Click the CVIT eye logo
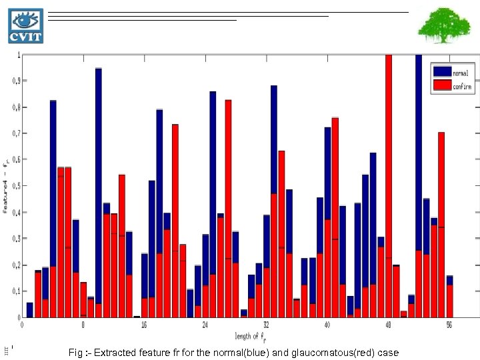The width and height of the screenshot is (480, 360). pos(25,26)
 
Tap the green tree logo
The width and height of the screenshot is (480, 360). pos(439,25)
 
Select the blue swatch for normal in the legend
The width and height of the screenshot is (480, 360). pos(441,71)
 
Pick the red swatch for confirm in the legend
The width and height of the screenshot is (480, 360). pos(441,85)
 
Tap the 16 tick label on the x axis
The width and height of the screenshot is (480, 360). pos(144,325)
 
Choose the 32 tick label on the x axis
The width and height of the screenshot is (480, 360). pos(266,325)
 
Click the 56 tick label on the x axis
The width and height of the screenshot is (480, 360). pos(449,325)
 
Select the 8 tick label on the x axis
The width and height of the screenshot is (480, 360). pos(83,325)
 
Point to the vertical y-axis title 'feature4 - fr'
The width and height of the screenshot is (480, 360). pos(6,186)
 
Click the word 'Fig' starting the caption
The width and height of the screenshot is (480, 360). pos(75,352)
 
